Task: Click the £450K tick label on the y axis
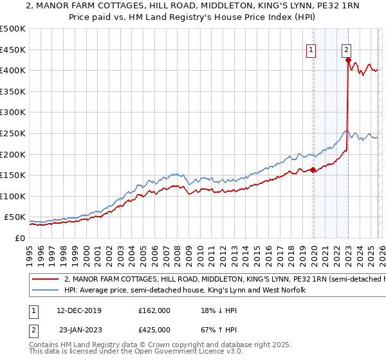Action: pyautogui.click(x=13, y=50)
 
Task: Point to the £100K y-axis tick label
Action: pyautogui.click(x=13, y=196)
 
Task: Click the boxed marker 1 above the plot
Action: pyautogui.click(x=311, y=50)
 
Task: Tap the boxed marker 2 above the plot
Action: pyautogui.click(x=346, y=50)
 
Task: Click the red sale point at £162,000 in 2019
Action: pyautogui.click(x=313, y=170)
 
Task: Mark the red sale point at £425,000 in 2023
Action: pyautogui.click(x=348, y=60)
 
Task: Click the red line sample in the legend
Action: pyautogui.click(x=45, y=280)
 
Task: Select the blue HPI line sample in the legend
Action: pyautogui.click(x=45, y=291)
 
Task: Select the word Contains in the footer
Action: pyautogui.click(x=45, y=345)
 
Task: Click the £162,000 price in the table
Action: pyautogui.click(x=154, y=309)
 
